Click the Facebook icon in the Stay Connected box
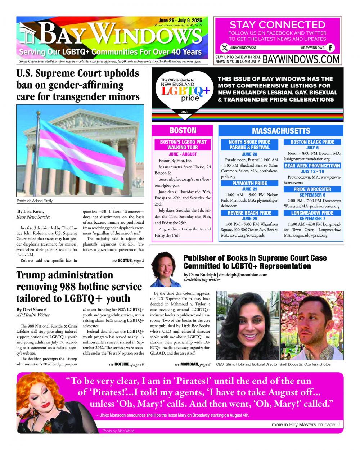click(330, 48)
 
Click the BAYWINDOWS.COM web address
click(301, 59)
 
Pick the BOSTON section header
click(183, 131)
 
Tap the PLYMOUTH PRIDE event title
click(249, 183)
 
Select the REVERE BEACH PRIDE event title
click(249, 213)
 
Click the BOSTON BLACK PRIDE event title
click(312, 142)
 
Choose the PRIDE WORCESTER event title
click(312, 189)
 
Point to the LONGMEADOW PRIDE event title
click(312, 213)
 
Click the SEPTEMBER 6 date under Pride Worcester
click(312, 195)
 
